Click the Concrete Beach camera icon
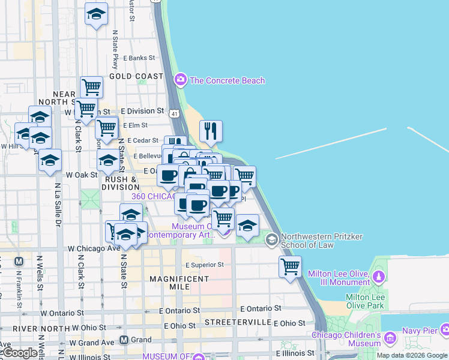point(180,80)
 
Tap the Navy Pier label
point(420,329)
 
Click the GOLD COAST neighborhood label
point(136,76)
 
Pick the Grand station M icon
point(124,340)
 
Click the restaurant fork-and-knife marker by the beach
point(211,131)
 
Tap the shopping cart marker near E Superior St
point(290,266)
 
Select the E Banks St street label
point(139,58)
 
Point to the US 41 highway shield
point(173,113)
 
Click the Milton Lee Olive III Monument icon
point(378,277)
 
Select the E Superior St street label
point(204,265)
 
